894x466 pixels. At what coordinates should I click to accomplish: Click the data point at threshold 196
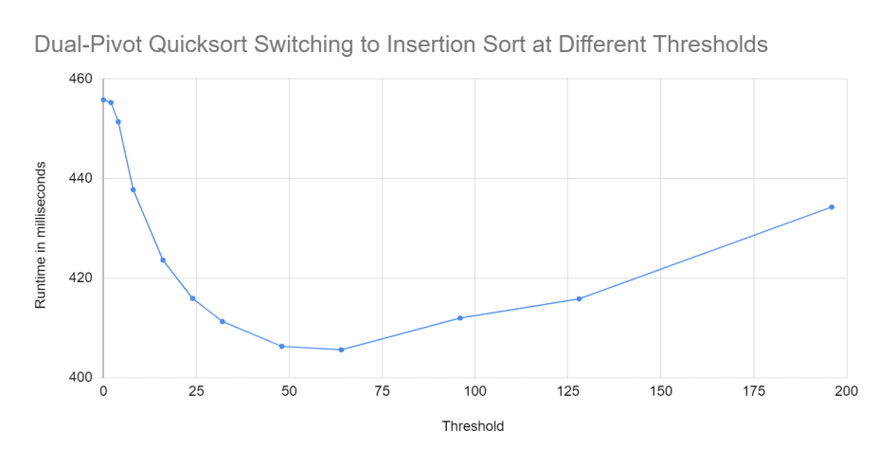831,206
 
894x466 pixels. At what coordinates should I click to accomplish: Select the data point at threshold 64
341,349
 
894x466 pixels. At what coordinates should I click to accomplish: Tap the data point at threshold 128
579,298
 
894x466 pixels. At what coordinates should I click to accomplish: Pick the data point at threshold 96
460,317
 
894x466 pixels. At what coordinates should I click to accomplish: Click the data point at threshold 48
281,346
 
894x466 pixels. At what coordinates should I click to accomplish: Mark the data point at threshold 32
223,321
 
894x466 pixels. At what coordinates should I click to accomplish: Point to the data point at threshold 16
163,260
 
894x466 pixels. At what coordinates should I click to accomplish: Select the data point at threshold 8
133,189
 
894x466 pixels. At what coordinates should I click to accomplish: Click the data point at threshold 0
103,99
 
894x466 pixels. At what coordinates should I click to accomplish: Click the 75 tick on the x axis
382,391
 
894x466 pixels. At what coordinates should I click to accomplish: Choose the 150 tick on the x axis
661,391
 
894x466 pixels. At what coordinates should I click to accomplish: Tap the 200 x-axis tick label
846,391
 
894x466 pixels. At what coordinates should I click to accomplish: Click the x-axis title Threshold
473,426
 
